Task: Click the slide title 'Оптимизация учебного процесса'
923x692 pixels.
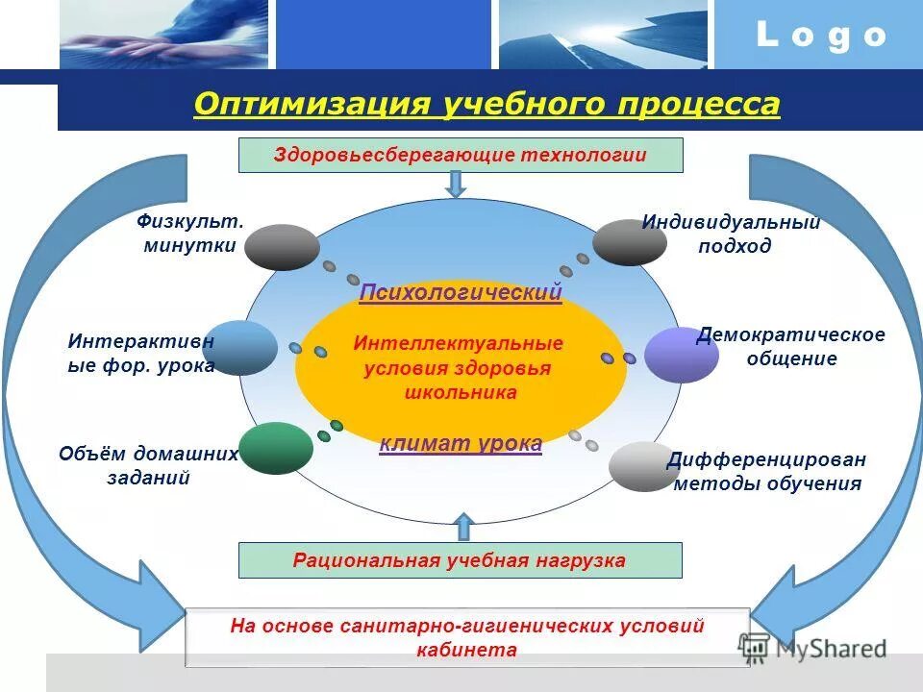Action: click(486, 104)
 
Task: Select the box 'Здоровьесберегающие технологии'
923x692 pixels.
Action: click(461, 155)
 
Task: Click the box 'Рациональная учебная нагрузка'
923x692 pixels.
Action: click(460, 560)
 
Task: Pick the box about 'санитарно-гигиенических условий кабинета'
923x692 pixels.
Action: click(467, 637)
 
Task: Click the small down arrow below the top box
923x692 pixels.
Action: click(457, 184)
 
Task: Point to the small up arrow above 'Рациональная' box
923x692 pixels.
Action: click(463, 527)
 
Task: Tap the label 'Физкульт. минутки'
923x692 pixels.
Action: click(190, 234)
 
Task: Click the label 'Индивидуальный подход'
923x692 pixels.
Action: click(732, 234)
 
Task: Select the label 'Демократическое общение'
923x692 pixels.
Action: click(790, 346)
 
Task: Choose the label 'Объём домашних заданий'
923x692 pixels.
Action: click(148, 465)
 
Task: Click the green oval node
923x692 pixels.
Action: click(276, 448)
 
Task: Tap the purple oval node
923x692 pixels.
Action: click(681, 355)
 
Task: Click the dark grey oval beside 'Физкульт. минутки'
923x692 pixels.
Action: click(282, 247)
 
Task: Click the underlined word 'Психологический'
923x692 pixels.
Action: click(461, 292)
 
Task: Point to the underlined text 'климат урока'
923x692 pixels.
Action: click(461, 443)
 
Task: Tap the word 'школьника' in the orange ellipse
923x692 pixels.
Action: click(459, 392)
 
